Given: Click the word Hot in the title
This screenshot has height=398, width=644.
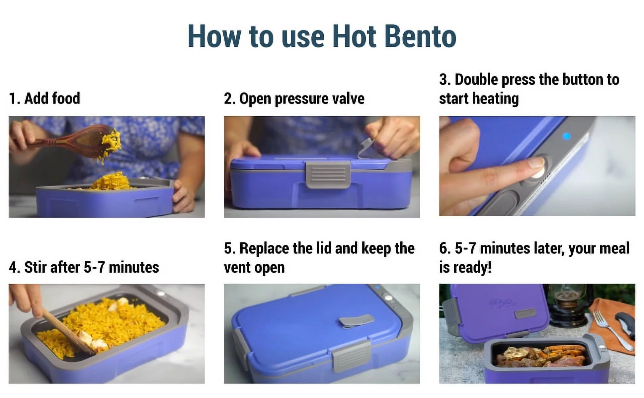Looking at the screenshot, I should tap(354, 36).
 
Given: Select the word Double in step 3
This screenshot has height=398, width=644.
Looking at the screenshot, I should tap(476, 80).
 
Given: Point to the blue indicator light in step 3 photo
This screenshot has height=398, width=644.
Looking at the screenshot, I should tap(567, 136).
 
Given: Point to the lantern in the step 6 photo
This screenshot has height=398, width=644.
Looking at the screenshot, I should tap(566, 305).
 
